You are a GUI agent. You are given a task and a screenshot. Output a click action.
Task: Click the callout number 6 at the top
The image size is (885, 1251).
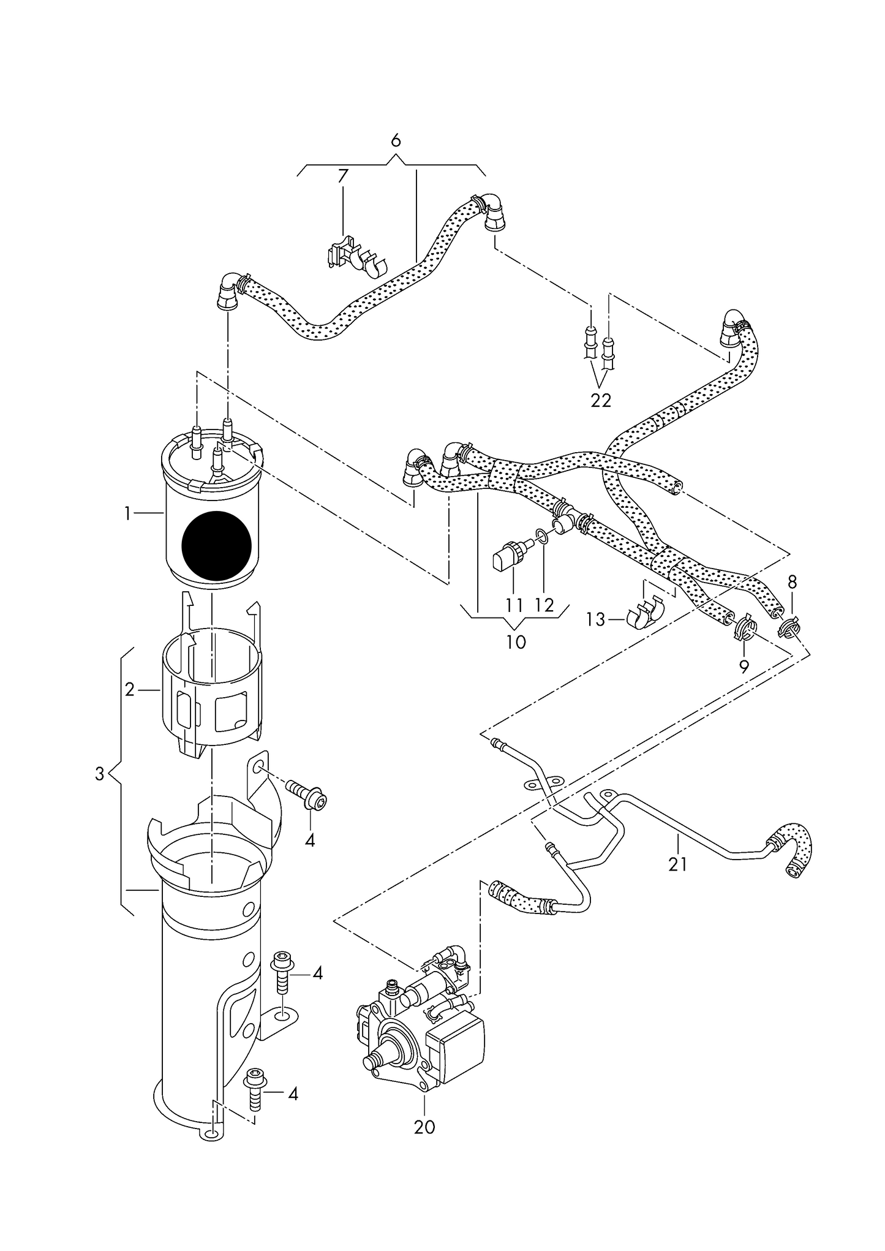pos(396,141)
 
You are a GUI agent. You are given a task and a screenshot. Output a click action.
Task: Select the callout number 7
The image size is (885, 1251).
pos(342,176)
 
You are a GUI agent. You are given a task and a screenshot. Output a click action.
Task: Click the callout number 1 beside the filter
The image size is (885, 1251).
pos(127,513)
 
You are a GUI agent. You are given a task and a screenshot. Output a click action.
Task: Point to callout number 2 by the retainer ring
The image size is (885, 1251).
pos(129,690)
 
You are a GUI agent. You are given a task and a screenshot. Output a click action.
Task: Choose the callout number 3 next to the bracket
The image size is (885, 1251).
pos(100,773)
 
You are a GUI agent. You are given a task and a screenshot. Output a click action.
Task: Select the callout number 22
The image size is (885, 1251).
pos(601,400)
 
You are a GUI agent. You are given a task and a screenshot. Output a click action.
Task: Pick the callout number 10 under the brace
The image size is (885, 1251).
pos(516,643)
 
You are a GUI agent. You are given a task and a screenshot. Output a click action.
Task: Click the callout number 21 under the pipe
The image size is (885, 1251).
pos(677,864)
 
